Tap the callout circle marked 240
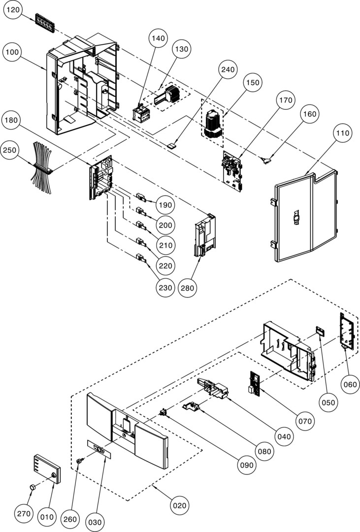(x=228, y=70)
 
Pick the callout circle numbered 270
(x=23, y=514)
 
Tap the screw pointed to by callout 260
(x=78, y=460)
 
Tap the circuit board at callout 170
(x=232, y=170)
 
